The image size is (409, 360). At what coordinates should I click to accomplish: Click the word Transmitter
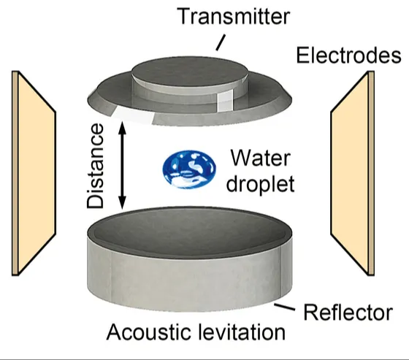(x=234, y=16)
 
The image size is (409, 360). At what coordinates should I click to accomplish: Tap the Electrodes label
(x=349, y=55)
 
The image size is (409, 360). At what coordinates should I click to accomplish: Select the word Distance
(x=96, y=166)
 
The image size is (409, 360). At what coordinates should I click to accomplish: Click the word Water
(x=260, y=158)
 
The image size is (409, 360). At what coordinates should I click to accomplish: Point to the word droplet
(x=260, y=183)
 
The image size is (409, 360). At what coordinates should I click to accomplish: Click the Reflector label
(x=348, y=312)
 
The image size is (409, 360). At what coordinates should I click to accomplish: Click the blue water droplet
(x=189, y=169)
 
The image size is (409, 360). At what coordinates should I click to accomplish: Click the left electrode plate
(x=34, y=173)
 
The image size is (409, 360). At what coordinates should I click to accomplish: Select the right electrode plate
(x=352, y=173)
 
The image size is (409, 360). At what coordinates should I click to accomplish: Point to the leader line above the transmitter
(x=220, y=43)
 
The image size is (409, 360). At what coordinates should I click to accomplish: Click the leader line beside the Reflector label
(x=285, y=307)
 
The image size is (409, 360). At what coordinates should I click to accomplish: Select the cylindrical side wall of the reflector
(x=190, y=282)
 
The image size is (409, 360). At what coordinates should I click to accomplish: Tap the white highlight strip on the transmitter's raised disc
(x=225, y=101)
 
